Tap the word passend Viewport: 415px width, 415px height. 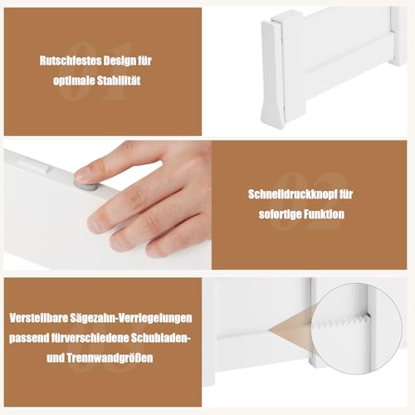[x=31, y=339]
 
